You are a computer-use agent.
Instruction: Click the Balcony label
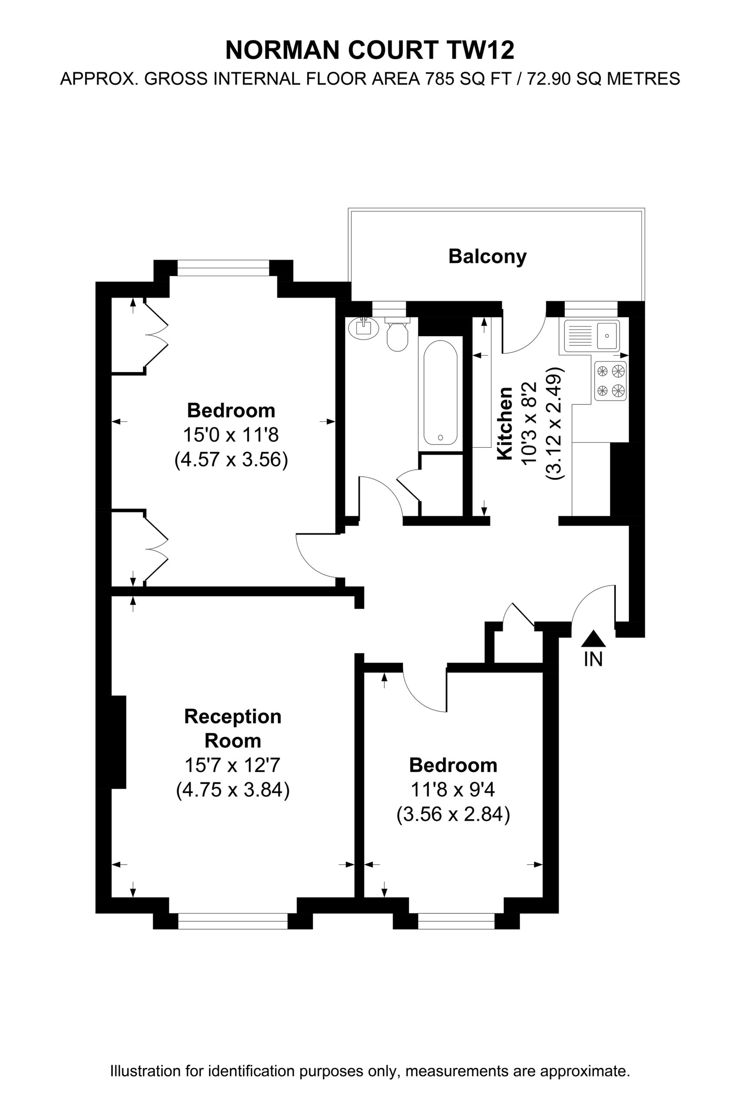(x=487, y=257)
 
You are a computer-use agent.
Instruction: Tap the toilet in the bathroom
(x=397, y=334)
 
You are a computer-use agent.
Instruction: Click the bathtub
(x=440, y=392)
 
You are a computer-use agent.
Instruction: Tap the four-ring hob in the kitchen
(x=611, y=381)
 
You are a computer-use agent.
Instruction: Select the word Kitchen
(x=505, y=423)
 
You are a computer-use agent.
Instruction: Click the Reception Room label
(x=232, y=728)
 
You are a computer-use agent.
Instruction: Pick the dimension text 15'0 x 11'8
(x=231, y=435)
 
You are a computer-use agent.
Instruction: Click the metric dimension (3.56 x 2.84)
(x=453, y=814)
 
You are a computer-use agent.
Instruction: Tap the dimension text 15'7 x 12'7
(x=232, y=765)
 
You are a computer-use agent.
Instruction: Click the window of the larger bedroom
(x=223, y=268)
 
